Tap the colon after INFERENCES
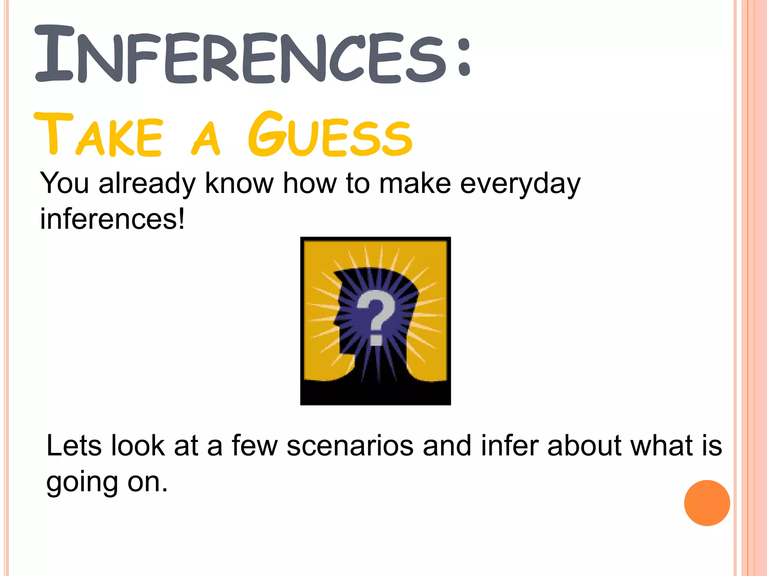pos(464,56)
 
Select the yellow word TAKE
pos(99,135)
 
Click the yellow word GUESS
pos(330,135)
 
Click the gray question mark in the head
pos(376,317)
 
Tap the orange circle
pos(707,503)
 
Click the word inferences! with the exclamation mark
pos(112,219)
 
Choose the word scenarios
pos(350,446)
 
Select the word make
pos(415,184)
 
